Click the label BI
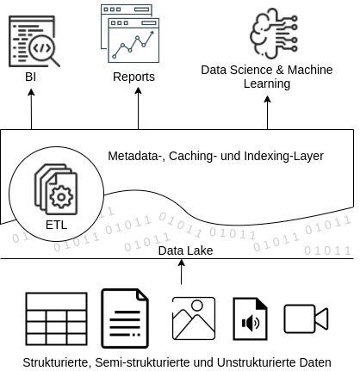coord(31,77)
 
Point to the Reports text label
coord(133,77)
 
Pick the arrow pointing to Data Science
coord(267,112)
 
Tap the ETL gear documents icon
coord(55,190)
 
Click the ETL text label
coord(56,226)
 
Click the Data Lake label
coord(185,250)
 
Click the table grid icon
coord(56,318)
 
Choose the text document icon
coord(125,318)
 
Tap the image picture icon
coord(193,318)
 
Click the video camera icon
coord(306,318)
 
